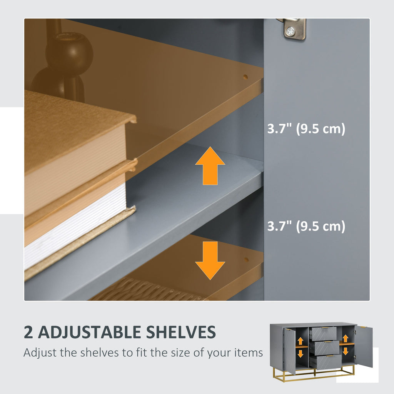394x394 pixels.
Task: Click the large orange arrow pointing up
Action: coord(210,166)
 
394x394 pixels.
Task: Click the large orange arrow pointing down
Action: coord(210,260)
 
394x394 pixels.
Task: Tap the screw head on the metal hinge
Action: coord(290,32)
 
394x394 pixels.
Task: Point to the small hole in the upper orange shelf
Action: coord(245,77)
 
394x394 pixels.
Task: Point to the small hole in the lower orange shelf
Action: coord(246,259)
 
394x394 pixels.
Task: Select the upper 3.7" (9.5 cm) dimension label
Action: coord(306,129)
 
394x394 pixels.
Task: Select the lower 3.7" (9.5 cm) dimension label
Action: coord(306,226)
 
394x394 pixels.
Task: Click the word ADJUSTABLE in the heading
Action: coord(89,332)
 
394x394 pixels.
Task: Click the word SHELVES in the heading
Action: coord(181,332)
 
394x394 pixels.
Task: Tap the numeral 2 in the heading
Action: coord(28,332)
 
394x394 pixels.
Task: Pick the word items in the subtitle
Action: coord(249,352)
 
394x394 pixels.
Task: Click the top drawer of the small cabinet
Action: coord(323,334)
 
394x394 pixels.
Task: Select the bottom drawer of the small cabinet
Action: coord(326,362)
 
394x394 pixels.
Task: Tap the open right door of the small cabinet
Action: coord(364,346)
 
